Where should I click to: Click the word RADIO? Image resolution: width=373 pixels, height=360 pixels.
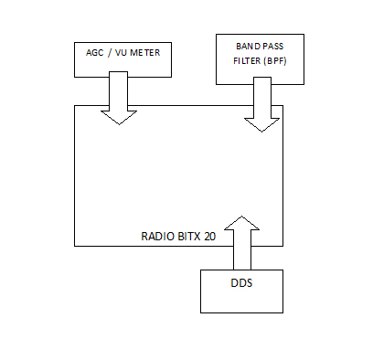click(x=157, y=236)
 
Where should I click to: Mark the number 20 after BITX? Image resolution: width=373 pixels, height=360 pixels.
click(x=210, y=236)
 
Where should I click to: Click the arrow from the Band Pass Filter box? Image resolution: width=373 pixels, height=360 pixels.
click(x=261, y=105)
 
